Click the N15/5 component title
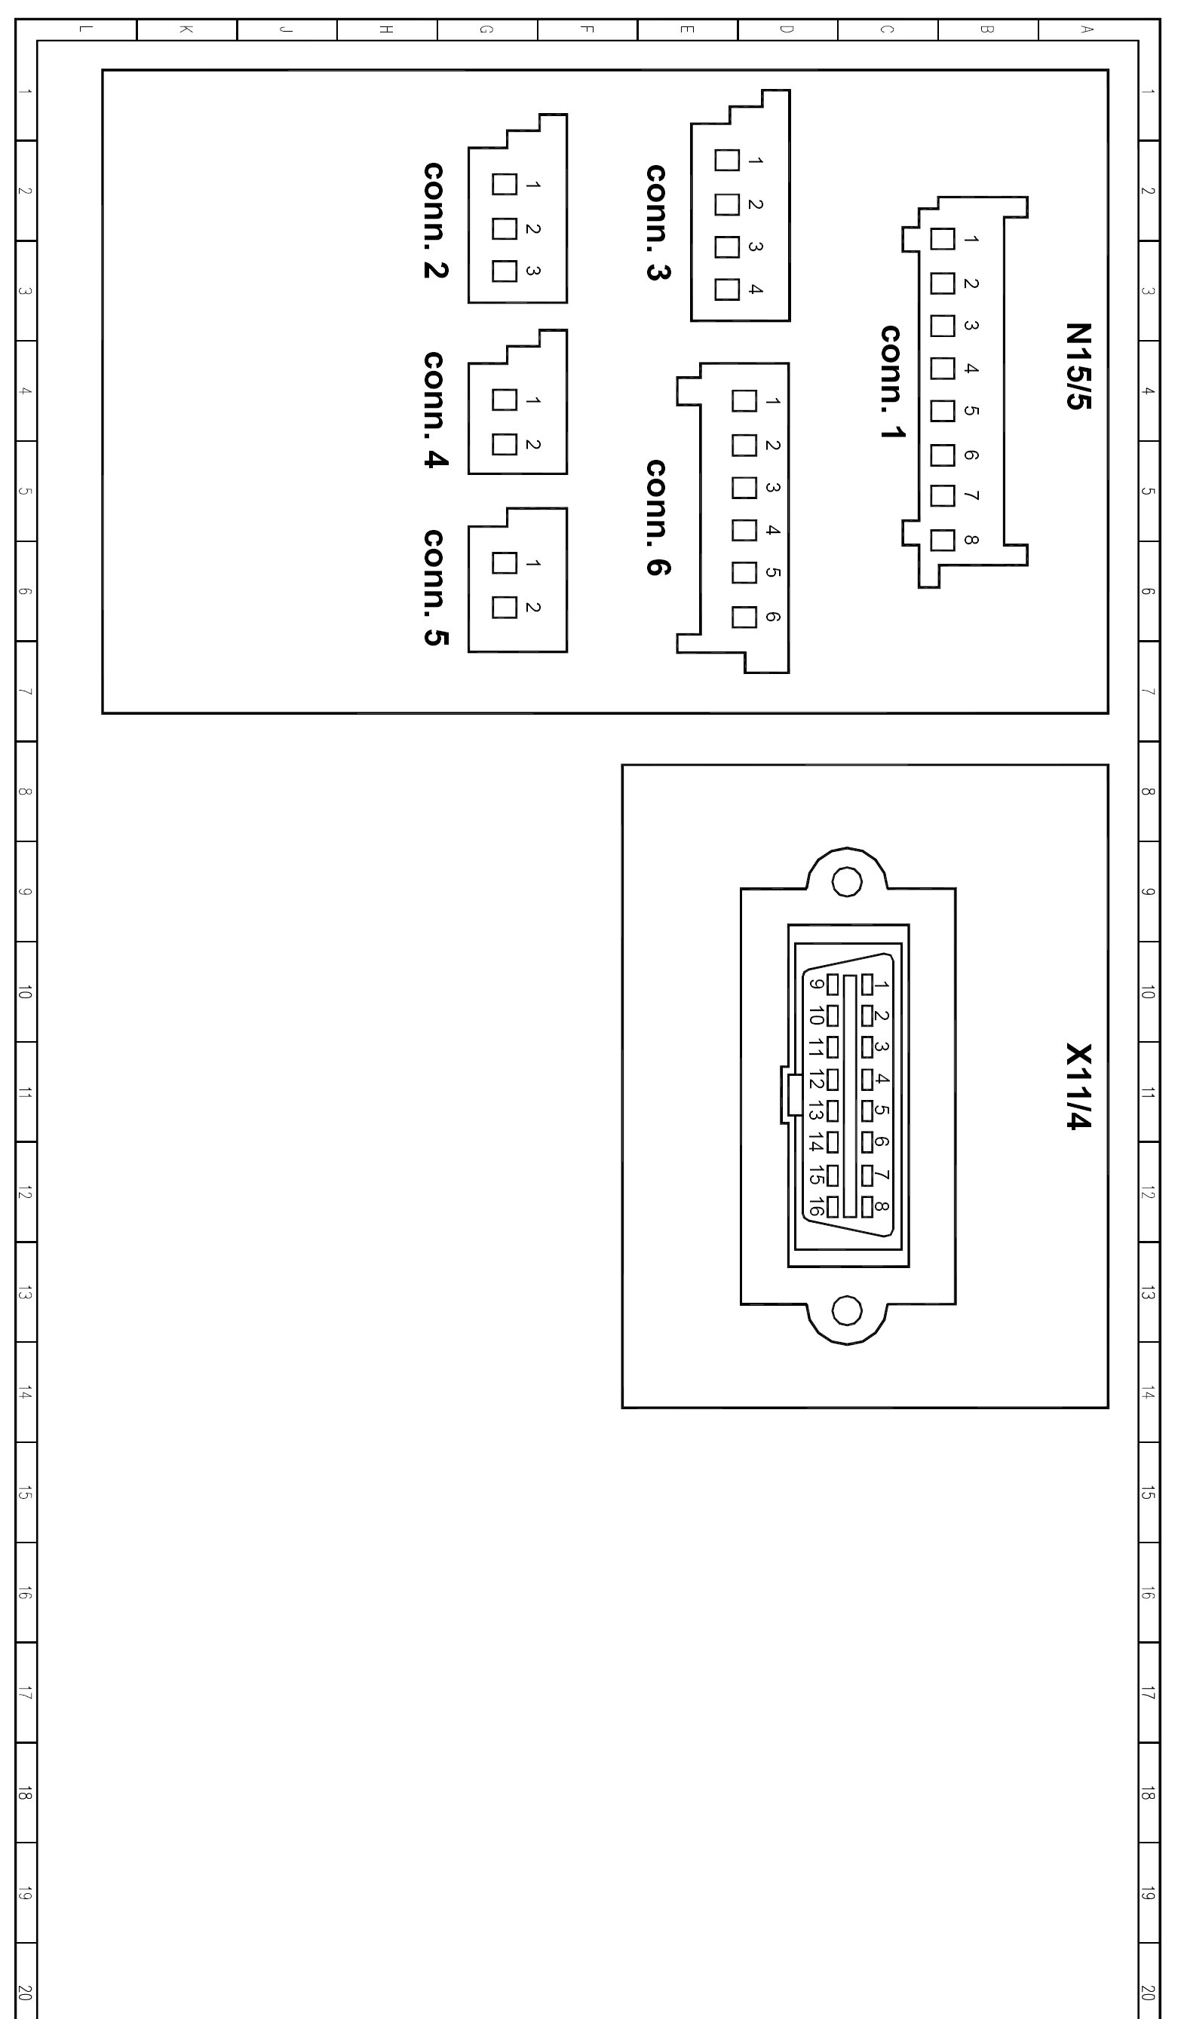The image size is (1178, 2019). click(1078, 366)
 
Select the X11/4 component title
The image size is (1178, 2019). click(1078, 1086)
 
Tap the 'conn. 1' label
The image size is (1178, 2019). click(893, 382)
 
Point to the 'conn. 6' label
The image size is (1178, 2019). click(658, 518)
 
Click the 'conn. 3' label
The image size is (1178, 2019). click(658, 222)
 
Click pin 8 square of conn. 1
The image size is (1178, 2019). click(943, 541)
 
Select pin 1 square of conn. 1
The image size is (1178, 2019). click(943, 239)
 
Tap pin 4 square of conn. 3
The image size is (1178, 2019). click(727, 290)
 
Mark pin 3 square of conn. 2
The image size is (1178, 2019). click(504, 271)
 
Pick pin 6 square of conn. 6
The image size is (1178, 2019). click(744, 617)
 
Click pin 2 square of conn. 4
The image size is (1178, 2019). click(504, 444)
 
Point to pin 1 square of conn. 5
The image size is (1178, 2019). click(504, 563)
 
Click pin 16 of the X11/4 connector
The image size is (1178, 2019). click(833, 1206)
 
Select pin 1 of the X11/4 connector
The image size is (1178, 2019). click(867, 985)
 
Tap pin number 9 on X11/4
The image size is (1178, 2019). click(816, 985)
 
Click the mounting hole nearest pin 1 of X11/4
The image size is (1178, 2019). click(847, 883)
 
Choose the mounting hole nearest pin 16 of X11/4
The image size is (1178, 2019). click(847, 1311)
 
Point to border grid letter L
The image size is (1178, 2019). click(87, 29)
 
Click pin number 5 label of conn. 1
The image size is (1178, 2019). click(971, 411)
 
